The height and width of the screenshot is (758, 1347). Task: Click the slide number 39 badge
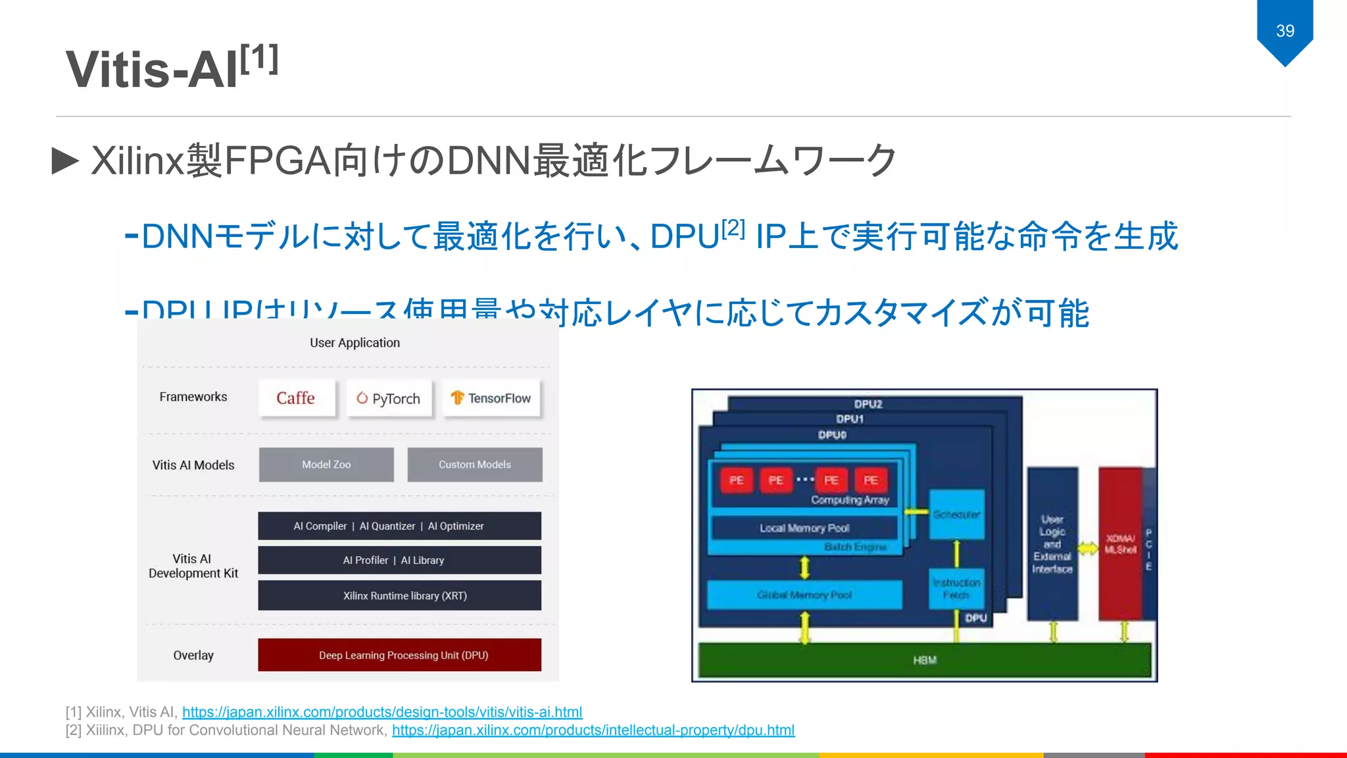(x=1285, y=31)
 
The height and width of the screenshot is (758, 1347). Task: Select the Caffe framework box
(x=297, y=398)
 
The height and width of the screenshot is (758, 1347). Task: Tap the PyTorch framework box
(x=389, y=398)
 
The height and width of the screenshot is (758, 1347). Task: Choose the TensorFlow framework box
(x=491, y=398)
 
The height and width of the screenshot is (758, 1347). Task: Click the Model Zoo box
(x=326, y=465)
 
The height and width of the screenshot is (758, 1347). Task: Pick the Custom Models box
(x=475, y=465)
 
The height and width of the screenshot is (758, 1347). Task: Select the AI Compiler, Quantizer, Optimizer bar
(x=399, y=526)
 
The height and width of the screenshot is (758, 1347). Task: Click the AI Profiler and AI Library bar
(x=399, y=560)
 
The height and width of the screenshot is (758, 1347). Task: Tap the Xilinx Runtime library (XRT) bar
(x=399, y=595)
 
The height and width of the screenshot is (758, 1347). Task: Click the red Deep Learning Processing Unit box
(x=399, y=655)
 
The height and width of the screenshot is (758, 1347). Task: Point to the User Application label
(x=355, y=343)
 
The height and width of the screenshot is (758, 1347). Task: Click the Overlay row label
(x=193, y=655)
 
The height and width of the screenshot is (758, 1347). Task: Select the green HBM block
(x=924, y=660)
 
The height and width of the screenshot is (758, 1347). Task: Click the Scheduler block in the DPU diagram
(x=956, y=515)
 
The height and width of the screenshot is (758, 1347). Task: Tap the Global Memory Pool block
(x=804, y=595)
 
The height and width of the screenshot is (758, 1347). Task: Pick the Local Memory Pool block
(x=804, y=528)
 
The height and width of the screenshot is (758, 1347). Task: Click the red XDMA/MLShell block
(x=1120, y=544)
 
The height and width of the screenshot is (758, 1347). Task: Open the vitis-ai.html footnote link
(x=382, y=712)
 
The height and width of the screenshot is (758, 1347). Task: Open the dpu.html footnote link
(x=593, y=730)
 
